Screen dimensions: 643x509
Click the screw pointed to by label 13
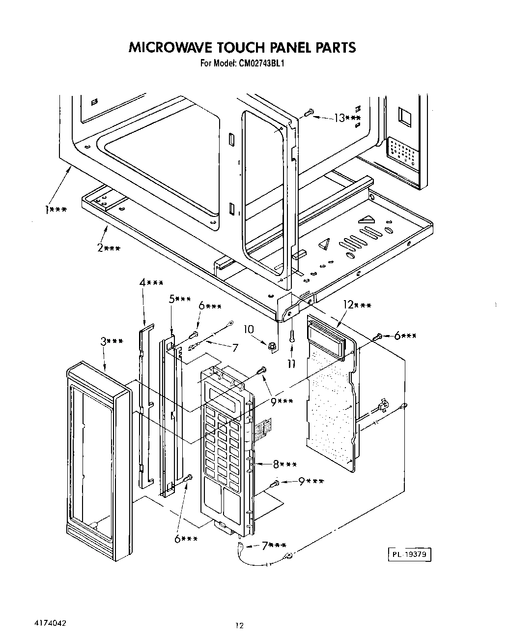(x=309, y=113)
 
